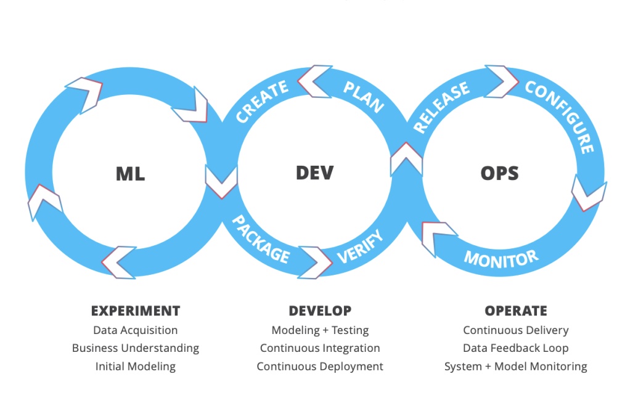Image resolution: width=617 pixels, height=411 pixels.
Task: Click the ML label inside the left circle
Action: [x=130, y=174]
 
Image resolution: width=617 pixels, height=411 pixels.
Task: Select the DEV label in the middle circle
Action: [x=314, y=173]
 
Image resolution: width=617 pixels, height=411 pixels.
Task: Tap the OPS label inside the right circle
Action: [x=499, y=173]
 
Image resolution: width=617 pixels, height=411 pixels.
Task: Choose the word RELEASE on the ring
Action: [x=441, y=108]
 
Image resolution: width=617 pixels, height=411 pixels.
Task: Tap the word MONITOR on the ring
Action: [x=501, y=257]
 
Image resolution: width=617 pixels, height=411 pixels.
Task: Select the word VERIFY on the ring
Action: [x=361, y=246]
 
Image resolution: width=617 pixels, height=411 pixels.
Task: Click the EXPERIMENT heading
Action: [x=136, y=311]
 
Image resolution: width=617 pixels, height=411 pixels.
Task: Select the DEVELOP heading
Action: [x=320, y=311]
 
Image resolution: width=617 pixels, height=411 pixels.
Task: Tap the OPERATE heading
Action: [x=516, y=311]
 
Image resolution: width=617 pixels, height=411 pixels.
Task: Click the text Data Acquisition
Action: [x=136, y=330]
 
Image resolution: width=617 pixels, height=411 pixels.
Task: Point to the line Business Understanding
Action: [x=136, y=348]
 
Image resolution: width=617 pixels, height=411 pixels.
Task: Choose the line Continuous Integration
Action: [x=320, y=348]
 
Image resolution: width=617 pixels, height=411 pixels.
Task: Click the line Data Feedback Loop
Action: [x=516, y=348]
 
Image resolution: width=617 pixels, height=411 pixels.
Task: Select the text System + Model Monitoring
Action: [x=516, y=367]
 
